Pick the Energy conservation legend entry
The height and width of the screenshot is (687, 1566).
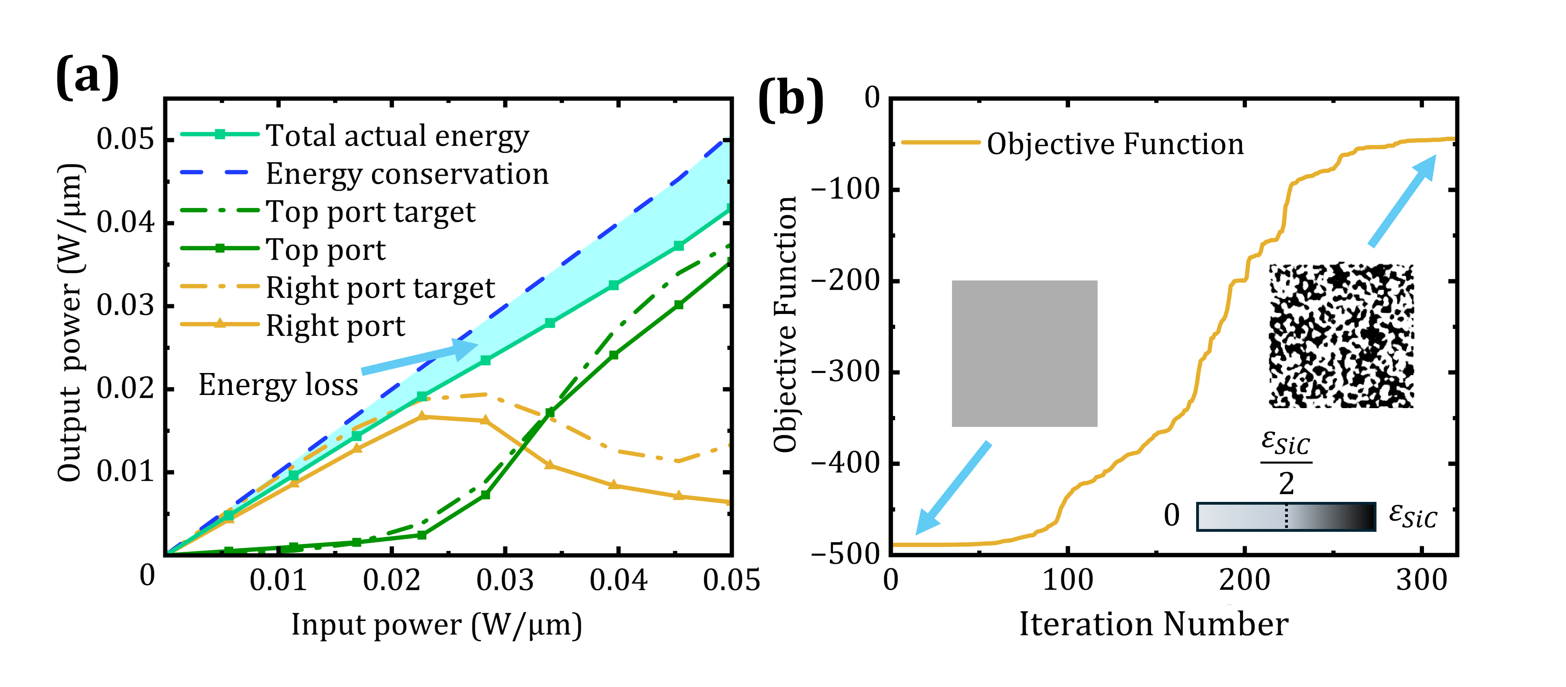point(407,174)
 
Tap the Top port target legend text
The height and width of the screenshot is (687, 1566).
point(370,212)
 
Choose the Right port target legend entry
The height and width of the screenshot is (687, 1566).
point(380,288)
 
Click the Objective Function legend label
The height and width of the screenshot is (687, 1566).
point(1115,144)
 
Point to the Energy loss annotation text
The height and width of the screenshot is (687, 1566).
point(278,385)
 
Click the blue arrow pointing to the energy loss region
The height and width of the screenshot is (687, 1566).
point(419,358)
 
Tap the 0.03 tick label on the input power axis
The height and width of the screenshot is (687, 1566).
point(505,580)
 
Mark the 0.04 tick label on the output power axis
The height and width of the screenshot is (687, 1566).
point(125,223)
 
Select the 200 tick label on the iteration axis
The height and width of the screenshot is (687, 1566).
point(1244,580)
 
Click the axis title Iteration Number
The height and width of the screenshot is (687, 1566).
point(1153,624)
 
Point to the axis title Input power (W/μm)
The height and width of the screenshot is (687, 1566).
point(436,624)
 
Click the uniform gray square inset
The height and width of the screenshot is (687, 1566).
point(1024,353)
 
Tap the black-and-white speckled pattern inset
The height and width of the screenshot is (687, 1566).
point(1341,336)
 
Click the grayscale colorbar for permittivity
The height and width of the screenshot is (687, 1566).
point(1286,517)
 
